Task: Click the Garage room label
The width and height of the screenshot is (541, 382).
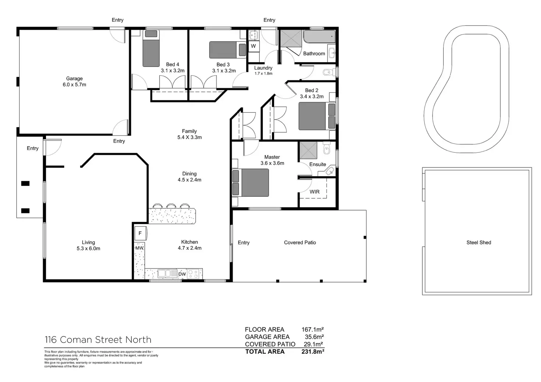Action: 74,79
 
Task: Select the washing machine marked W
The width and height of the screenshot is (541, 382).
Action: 253,46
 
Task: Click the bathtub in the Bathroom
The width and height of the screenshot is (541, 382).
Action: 319,37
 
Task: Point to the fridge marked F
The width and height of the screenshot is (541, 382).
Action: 140,233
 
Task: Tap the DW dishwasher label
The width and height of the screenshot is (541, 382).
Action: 182,274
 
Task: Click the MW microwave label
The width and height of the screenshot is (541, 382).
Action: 139,248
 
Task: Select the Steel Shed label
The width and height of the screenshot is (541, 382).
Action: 479,242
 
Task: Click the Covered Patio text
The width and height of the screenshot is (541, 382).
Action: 300,242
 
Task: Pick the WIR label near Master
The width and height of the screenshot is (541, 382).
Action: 315,192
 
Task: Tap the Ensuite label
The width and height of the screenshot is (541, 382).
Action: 318,164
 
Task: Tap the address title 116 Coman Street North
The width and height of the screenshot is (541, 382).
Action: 98,340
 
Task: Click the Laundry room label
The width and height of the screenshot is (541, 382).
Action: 263,68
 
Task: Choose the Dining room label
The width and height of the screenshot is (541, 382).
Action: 189,174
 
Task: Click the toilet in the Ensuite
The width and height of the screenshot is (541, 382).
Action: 327,149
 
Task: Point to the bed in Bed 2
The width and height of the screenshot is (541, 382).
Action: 314,116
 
